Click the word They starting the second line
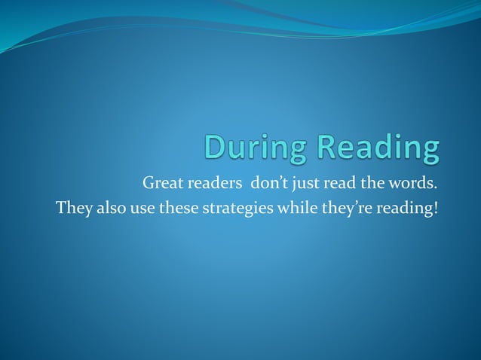pos(72,207)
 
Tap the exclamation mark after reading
pos(435,206)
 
